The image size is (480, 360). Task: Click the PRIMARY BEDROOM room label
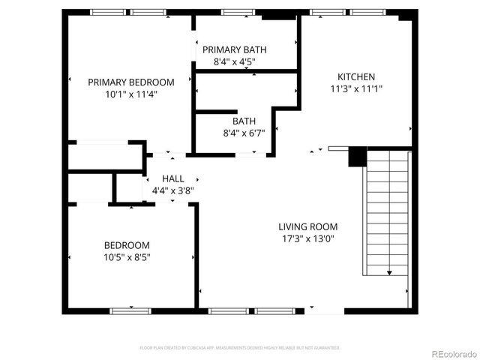point(130,82)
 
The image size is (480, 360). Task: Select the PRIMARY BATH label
point(234,49)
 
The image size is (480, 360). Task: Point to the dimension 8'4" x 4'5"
point(234,61)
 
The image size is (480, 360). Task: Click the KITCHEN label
point(355,76)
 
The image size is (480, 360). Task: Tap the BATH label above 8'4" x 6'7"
point(244,121)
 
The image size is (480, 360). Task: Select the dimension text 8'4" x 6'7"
point(244,133)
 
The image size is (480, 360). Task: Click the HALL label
point(172,178)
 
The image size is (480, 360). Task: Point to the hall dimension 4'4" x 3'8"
point(172,190)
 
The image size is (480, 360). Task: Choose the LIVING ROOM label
point(307,226)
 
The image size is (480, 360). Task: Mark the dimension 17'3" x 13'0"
point(307,238)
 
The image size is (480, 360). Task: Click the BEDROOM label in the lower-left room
point(126,245)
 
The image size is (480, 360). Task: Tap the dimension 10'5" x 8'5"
point(126,257)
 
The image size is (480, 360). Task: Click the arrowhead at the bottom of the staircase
point(390,274)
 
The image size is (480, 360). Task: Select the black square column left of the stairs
point(357,157)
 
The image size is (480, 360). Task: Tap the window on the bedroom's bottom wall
point(130,310)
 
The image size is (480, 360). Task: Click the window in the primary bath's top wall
point(238,12)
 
